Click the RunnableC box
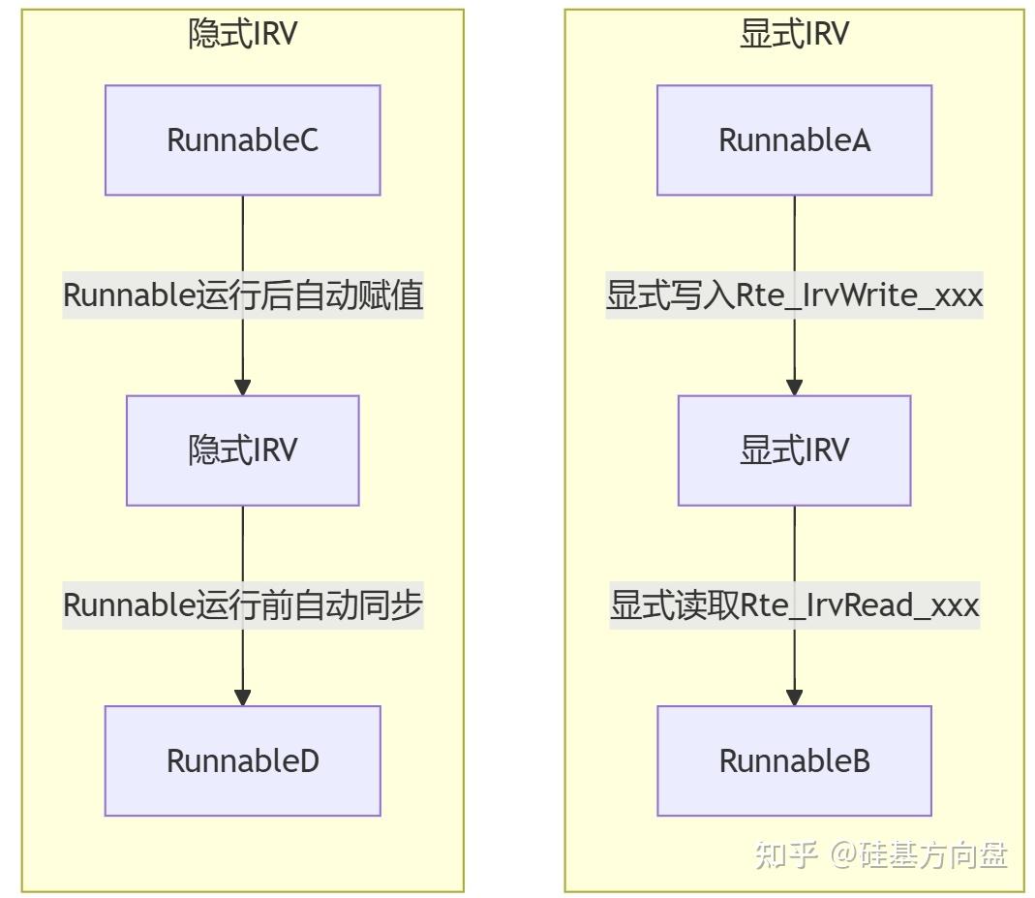(x=242, y=140)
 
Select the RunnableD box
(x=242, y=760)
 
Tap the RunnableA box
(x=794, y=140)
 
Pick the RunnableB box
(x=794, y=760)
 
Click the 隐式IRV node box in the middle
(x=242, y=450)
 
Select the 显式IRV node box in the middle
(x=794, y=450)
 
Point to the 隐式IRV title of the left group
(x=242, y=34)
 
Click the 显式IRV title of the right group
(x=794, y=34)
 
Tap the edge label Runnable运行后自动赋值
(x=243, y=295)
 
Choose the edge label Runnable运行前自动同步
(x=243, y=605)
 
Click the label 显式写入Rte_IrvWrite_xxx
(x=794, y=295)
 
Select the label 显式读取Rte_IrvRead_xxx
(x=794, y=605)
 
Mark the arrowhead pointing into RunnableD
(x=243, y=697)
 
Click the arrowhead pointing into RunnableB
(x=795, y=697)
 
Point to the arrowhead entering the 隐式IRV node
(x=243, y=387)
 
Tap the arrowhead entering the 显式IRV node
(x=795, y=387)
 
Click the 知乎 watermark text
(x=785, y=854)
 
